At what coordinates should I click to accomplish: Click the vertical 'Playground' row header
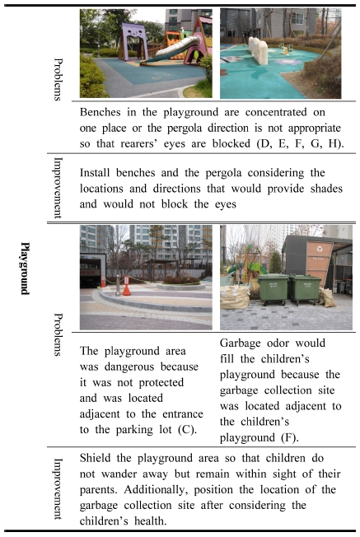pyautogui.click(x=24, y=268)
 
